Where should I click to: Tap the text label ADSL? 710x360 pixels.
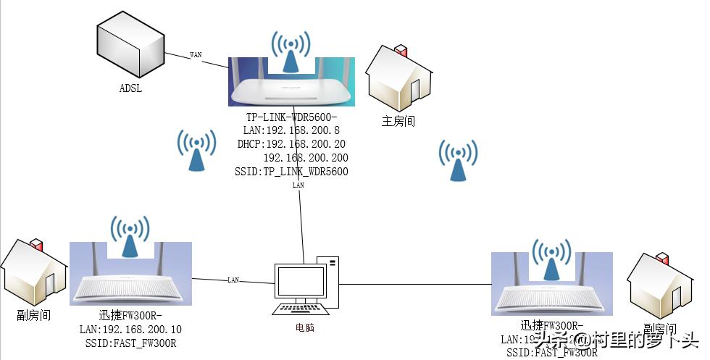point(130,89)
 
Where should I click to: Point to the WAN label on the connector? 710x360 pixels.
point(196,54)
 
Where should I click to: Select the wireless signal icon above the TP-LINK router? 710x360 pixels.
point(291,52)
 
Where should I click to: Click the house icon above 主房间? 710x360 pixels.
point(398,78)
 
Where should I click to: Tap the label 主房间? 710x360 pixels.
point(398,121)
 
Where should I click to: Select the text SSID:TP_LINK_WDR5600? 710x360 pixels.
point(291,172)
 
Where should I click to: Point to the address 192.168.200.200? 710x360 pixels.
point(305,158)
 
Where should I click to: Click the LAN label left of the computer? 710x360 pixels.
point(233,280)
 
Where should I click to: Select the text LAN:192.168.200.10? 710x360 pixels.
point(130,330)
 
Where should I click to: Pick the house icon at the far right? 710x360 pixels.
point(660,283)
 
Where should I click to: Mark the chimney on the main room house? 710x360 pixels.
point(399,52)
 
